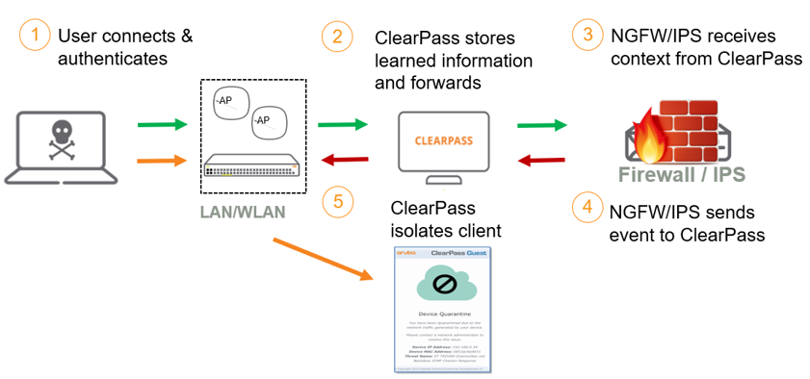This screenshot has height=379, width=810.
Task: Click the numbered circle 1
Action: point(34,37)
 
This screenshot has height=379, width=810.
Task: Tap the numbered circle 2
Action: point(336,37)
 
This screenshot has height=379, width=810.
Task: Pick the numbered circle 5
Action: point(336,202)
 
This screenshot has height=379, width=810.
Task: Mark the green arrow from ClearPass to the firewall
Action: point(541,124)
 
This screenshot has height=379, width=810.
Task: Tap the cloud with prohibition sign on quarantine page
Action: point(443,285)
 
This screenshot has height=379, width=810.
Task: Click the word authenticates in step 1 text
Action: point(113,59)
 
